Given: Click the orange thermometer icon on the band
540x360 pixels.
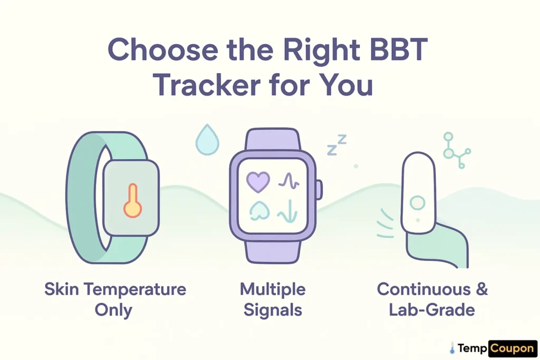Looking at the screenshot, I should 132,200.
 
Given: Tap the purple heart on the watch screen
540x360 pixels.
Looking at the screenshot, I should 258,182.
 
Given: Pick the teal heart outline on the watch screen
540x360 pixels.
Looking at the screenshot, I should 258,210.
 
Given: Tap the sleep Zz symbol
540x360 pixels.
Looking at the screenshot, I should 336,145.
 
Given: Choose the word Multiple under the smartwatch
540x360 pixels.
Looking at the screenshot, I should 273,289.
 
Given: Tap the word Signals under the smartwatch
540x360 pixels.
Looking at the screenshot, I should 273,309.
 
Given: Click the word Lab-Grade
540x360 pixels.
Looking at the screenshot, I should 432,309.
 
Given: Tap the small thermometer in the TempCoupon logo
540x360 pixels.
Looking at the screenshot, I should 452,348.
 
